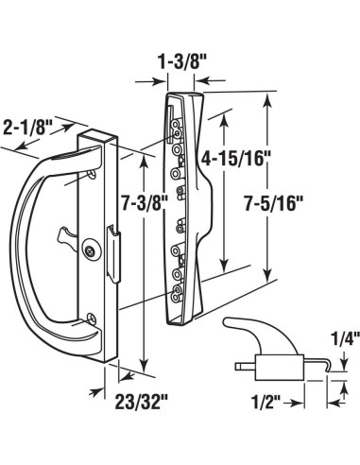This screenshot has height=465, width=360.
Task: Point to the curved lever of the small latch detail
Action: [242, 333]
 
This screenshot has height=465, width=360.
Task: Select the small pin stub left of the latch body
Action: [239, 362]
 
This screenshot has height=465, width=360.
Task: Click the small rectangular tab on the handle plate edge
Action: [112, 256]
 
